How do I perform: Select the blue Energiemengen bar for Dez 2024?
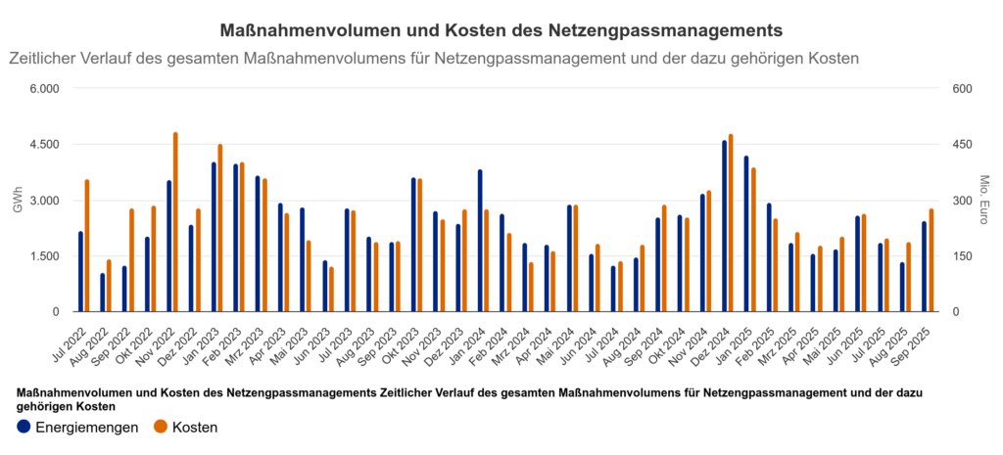725,227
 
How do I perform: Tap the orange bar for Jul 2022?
87,247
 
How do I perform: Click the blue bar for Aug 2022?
103,293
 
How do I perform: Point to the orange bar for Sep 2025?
931,261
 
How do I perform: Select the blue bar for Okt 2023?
413,246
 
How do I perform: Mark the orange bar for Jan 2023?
220,229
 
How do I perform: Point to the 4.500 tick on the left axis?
42,145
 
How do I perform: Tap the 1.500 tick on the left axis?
42,256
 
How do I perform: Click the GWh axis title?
17,201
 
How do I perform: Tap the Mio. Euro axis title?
985,201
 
